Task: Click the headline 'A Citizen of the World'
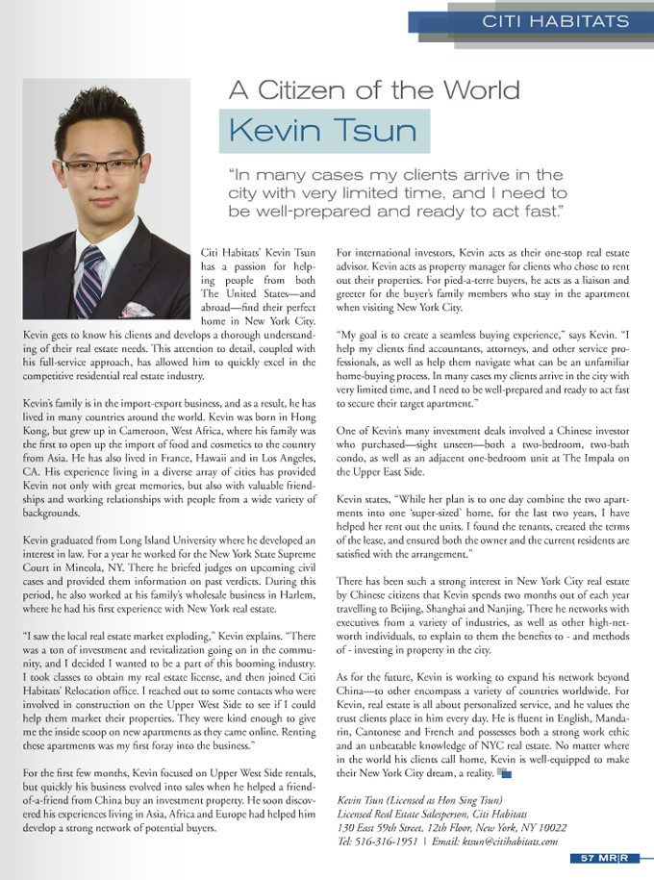[x=374, y=90]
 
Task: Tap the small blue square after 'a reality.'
[x=504, y=772]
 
